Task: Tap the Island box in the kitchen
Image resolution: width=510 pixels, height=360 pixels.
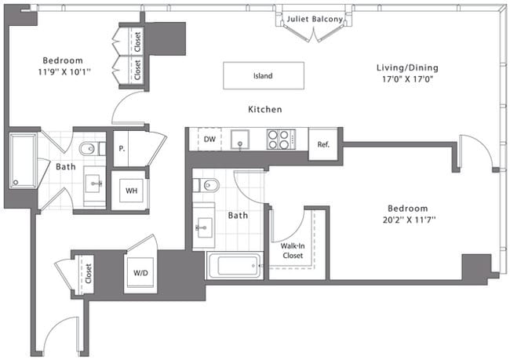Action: click(x=262, y=76)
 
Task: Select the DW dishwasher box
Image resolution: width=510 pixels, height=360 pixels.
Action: click(x=209, y=140)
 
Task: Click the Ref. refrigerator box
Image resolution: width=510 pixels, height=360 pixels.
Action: click(x=323, y=144)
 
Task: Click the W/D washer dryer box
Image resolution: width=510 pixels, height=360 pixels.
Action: click(x=140, y=274)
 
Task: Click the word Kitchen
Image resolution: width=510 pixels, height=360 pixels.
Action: click(x=264, y=109)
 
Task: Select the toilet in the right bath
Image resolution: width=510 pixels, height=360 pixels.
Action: click(x=208, y=186)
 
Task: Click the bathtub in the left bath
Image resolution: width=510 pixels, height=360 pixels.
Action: click(x=24, y=162)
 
